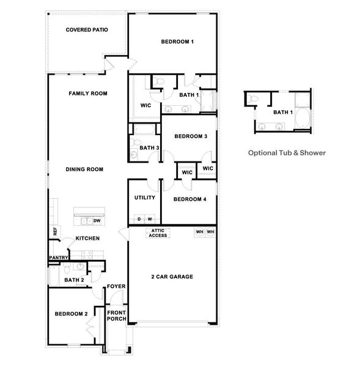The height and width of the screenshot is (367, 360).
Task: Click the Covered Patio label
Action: (87, 29)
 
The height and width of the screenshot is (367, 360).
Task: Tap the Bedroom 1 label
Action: (177, 42)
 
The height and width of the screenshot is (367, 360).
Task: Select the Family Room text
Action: (88, 94)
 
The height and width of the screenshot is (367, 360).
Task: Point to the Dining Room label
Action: (85, 169)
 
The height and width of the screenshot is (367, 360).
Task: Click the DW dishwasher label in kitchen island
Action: (97, 221)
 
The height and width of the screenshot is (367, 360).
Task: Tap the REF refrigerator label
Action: (55, 232)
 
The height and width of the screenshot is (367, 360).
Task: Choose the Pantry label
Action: (57, 258)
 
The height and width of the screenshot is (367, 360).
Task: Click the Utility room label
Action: (144, 198)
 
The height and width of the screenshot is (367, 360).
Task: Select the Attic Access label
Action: (158, 234)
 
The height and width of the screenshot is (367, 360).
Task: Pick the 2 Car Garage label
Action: (172, 277)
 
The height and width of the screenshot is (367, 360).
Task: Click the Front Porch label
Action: (116, 316)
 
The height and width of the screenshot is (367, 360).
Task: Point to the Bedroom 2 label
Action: (71, 314)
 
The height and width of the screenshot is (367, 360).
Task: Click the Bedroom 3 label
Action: (190, 136)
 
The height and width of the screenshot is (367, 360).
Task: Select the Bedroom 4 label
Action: (189, 199)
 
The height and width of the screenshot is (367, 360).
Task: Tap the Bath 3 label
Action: (150, 147)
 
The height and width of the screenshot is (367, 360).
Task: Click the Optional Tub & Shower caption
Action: (287, 153)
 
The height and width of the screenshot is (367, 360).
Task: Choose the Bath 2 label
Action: (74, 280)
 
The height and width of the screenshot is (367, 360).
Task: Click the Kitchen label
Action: (87, 238)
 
